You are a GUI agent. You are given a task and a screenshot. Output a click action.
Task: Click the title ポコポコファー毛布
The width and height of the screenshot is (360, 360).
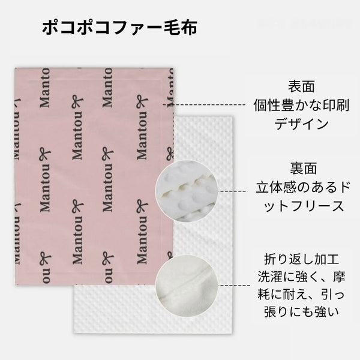pos(119,29)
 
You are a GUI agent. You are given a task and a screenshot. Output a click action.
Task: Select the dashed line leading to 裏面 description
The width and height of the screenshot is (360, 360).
pos(234,191)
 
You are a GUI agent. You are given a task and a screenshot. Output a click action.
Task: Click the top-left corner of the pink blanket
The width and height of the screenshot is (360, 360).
pos(14,68)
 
